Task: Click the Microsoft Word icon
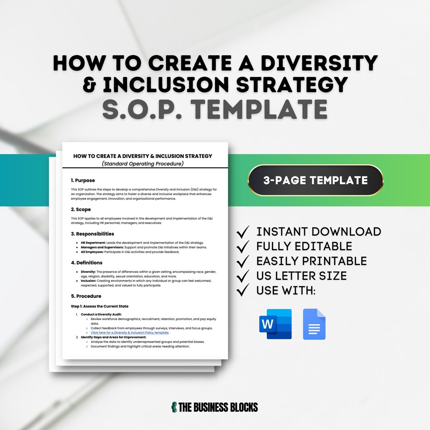tap(276, 324)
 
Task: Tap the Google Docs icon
tap(314, 324)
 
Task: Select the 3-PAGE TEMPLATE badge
tap(315, 180)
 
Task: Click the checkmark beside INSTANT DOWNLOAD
tap(243, 231)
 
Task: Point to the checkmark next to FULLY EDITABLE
tap(243, 246)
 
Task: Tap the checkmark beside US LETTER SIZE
tap(243, 276)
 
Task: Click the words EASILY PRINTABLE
tap(311, 261)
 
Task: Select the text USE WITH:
tap(286, 291)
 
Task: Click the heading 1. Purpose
tap(83, 180)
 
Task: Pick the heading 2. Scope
tap(81, 209)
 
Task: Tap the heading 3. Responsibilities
tap(92, 234)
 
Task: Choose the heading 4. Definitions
tap(87, 263)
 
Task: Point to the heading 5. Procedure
tap(86, 296)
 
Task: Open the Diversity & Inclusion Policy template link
tap(130, 332)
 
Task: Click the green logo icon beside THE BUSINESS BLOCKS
tap(174, 407)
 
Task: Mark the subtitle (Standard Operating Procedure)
tap(143, 164)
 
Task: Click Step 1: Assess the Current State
tap(100, 306)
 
